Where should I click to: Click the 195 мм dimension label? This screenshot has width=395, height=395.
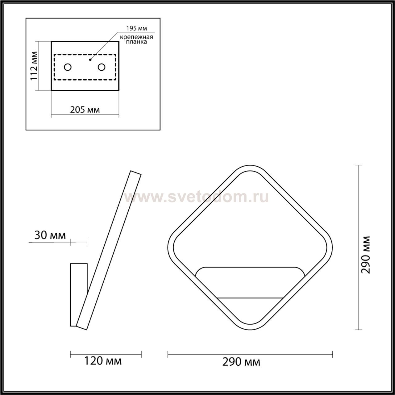point(136,28)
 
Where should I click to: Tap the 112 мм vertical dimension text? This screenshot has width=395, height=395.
point(34,66)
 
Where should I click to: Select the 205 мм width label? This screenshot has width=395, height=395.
point(85,110)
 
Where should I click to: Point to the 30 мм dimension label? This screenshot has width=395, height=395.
point(50,235)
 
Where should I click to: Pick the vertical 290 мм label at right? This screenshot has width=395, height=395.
point(365,255)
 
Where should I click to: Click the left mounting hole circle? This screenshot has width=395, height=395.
point(68,67)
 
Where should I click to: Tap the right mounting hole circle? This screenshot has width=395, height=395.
point(102,67)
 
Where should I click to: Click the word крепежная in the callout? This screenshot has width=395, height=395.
point(136,37)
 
